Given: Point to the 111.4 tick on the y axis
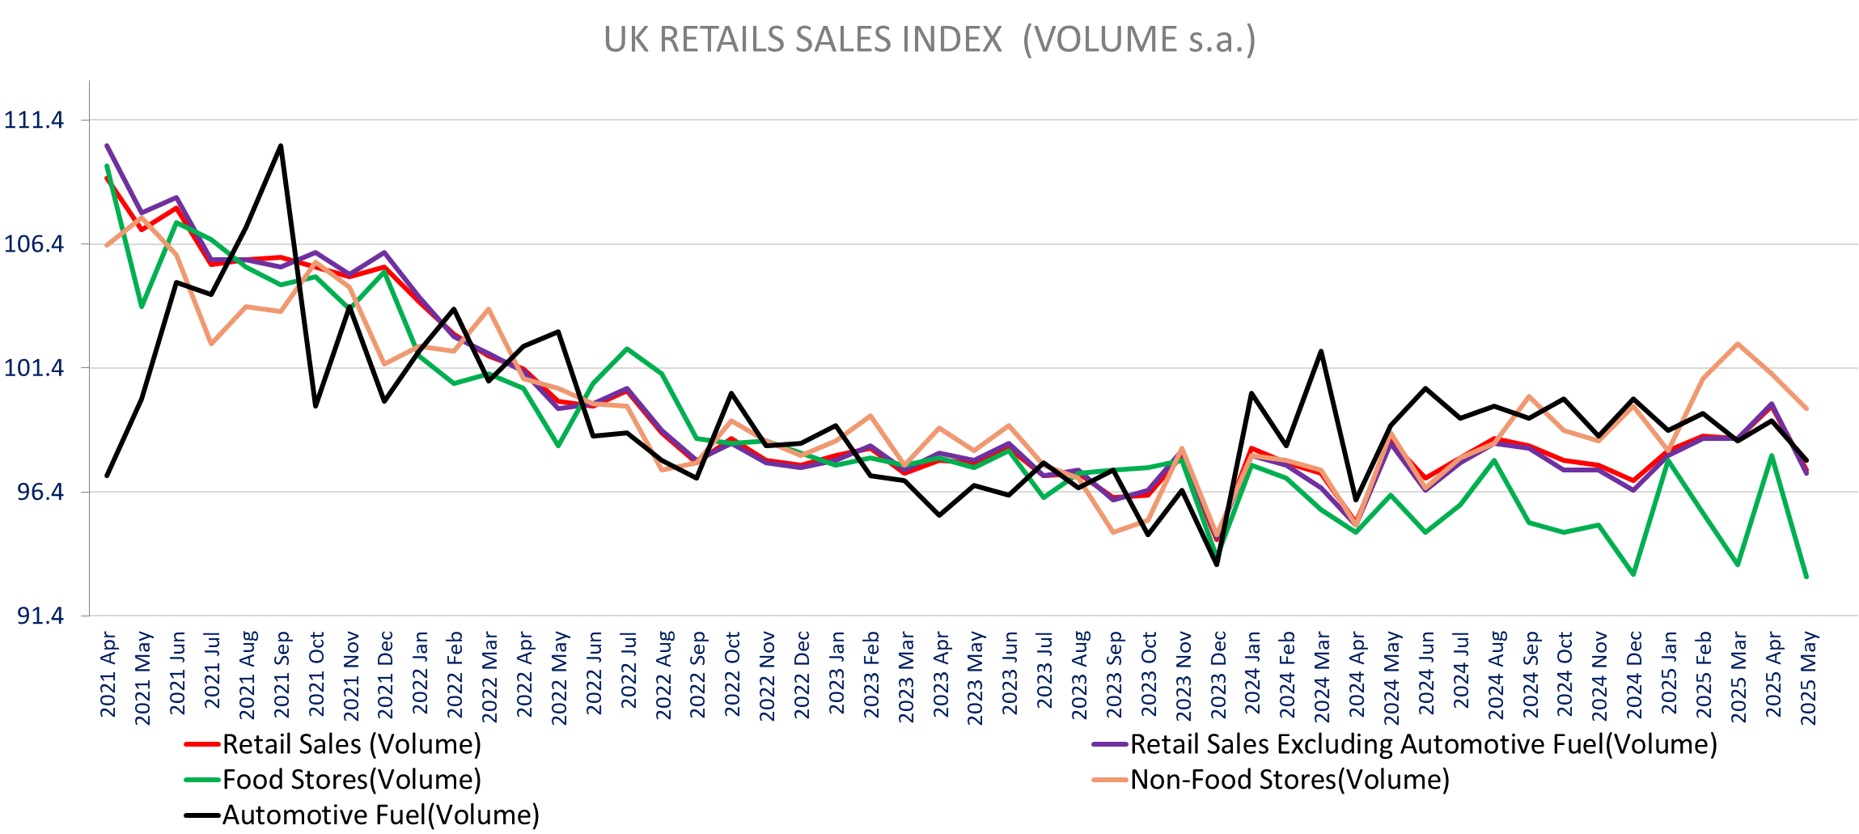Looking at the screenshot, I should [33, 121].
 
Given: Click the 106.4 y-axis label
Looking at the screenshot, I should [33, 244].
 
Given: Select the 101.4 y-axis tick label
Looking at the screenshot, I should [33, 368].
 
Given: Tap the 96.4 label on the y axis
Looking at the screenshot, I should [39, 492].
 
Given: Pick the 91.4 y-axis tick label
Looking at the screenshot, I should [39, 616].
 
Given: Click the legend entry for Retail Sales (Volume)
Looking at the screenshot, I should [351, 744].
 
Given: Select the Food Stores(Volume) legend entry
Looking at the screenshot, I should [351, 780].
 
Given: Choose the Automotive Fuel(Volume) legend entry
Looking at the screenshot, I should [380, 815].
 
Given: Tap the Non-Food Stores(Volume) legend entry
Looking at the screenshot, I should [1289, 780].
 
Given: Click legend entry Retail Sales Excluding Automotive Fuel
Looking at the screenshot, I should [1422, 744].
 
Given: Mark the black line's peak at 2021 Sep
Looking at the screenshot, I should [281, 146].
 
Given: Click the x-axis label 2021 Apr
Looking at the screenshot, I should [108, 675].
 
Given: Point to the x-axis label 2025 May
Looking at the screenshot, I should [1807, 679].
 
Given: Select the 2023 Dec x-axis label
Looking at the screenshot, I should [1217, 675].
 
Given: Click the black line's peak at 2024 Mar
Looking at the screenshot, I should [1321, 351].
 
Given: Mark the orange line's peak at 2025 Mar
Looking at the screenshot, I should [1737, 344].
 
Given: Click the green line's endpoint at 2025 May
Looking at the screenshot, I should [1806, 577].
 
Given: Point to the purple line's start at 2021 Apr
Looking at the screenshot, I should [107, 146].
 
